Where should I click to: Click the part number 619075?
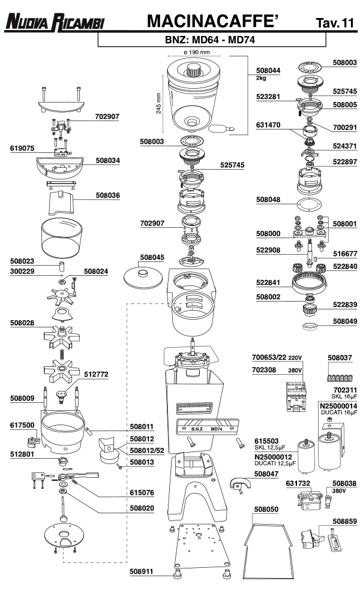point(23,147)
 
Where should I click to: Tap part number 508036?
point(107,194)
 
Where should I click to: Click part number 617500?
point(22,426)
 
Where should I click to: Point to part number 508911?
point(142,571)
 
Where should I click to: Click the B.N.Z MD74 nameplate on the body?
point(207,429)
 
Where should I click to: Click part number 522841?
point(268,282)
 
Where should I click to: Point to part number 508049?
point(345,321)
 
